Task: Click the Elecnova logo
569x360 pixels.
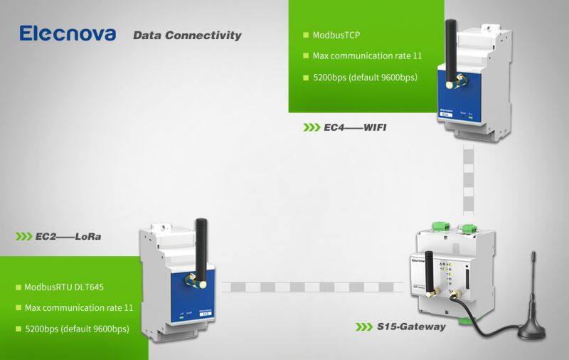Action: point(68,33)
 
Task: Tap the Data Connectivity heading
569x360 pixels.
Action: point(187,35)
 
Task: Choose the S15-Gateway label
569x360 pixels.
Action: point(411,327)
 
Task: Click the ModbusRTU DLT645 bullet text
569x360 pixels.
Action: point(60,287)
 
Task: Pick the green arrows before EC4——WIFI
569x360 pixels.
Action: point(312,127)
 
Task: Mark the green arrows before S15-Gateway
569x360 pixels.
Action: point(364,327)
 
